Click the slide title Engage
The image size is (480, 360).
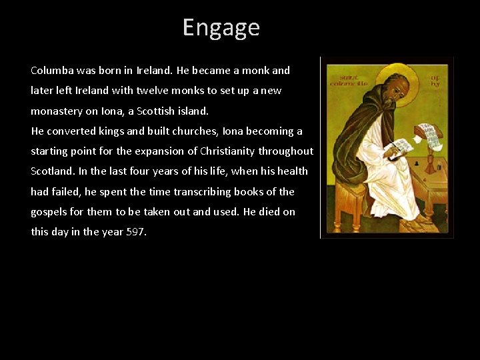[x=221, y=27]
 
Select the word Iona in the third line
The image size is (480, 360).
[x=111, y=111]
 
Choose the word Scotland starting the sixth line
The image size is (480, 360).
[x=51, y=171]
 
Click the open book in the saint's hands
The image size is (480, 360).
[x=401, y=147]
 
